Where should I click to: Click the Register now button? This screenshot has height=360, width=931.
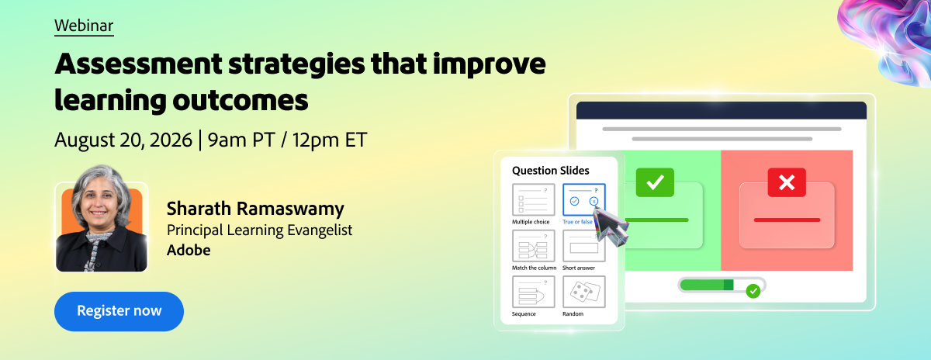119,311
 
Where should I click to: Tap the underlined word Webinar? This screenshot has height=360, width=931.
84,26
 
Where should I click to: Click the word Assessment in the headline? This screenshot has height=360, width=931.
138,64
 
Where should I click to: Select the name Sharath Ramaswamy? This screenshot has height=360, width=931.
255,208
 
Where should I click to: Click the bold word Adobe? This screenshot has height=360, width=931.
189,250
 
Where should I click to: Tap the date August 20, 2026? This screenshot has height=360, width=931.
123,140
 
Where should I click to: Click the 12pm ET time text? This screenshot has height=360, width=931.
330,140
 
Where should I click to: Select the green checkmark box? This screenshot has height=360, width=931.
655,182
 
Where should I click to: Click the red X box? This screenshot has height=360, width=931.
787,182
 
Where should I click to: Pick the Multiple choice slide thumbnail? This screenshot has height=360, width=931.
534,199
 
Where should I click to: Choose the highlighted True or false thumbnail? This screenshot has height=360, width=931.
584,199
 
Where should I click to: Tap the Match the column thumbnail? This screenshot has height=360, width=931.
534,246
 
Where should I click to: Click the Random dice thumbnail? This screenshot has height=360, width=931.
584,292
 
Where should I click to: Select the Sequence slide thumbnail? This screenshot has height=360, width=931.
534,292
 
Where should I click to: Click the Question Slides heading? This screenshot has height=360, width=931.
551,171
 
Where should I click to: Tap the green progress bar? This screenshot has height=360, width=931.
707,285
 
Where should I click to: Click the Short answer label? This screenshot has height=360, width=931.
579,268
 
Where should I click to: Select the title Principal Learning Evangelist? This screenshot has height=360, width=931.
259,230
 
